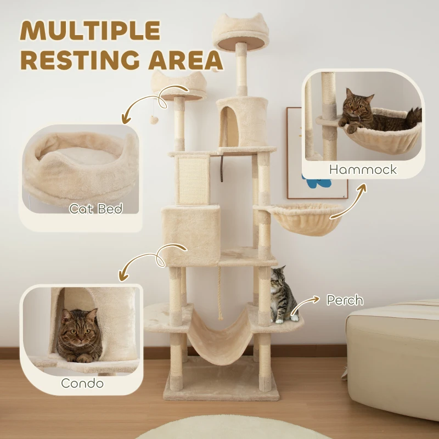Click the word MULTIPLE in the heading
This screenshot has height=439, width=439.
[x=91, y=31]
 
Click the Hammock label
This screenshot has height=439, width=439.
[x=363, y=169]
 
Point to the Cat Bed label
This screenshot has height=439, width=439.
[x=95, y=209]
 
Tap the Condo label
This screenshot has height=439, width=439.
[x=82, y=382]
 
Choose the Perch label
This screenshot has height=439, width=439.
[x=345, y=300]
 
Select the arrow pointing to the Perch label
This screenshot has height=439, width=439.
[x=311, y=300]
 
